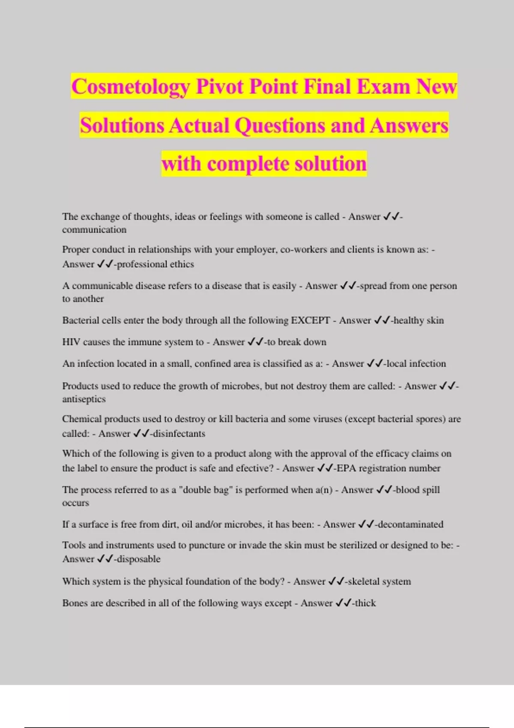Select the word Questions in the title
[x=279, y=125]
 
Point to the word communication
[x=94, y=230]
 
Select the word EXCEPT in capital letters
[x=311, y=320]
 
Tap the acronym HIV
[x=71, y=342]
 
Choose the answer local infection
[x=416, y=364]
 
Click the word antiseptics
[x=84, y=399]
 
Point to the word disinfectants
[x=179, y=434]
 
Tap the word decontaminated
[x=410, y=524]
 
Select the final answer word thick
[x=365, y=603]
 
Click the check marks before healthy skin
[x=382, y=320]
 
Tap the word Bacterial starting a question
[x=80, y=320]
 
